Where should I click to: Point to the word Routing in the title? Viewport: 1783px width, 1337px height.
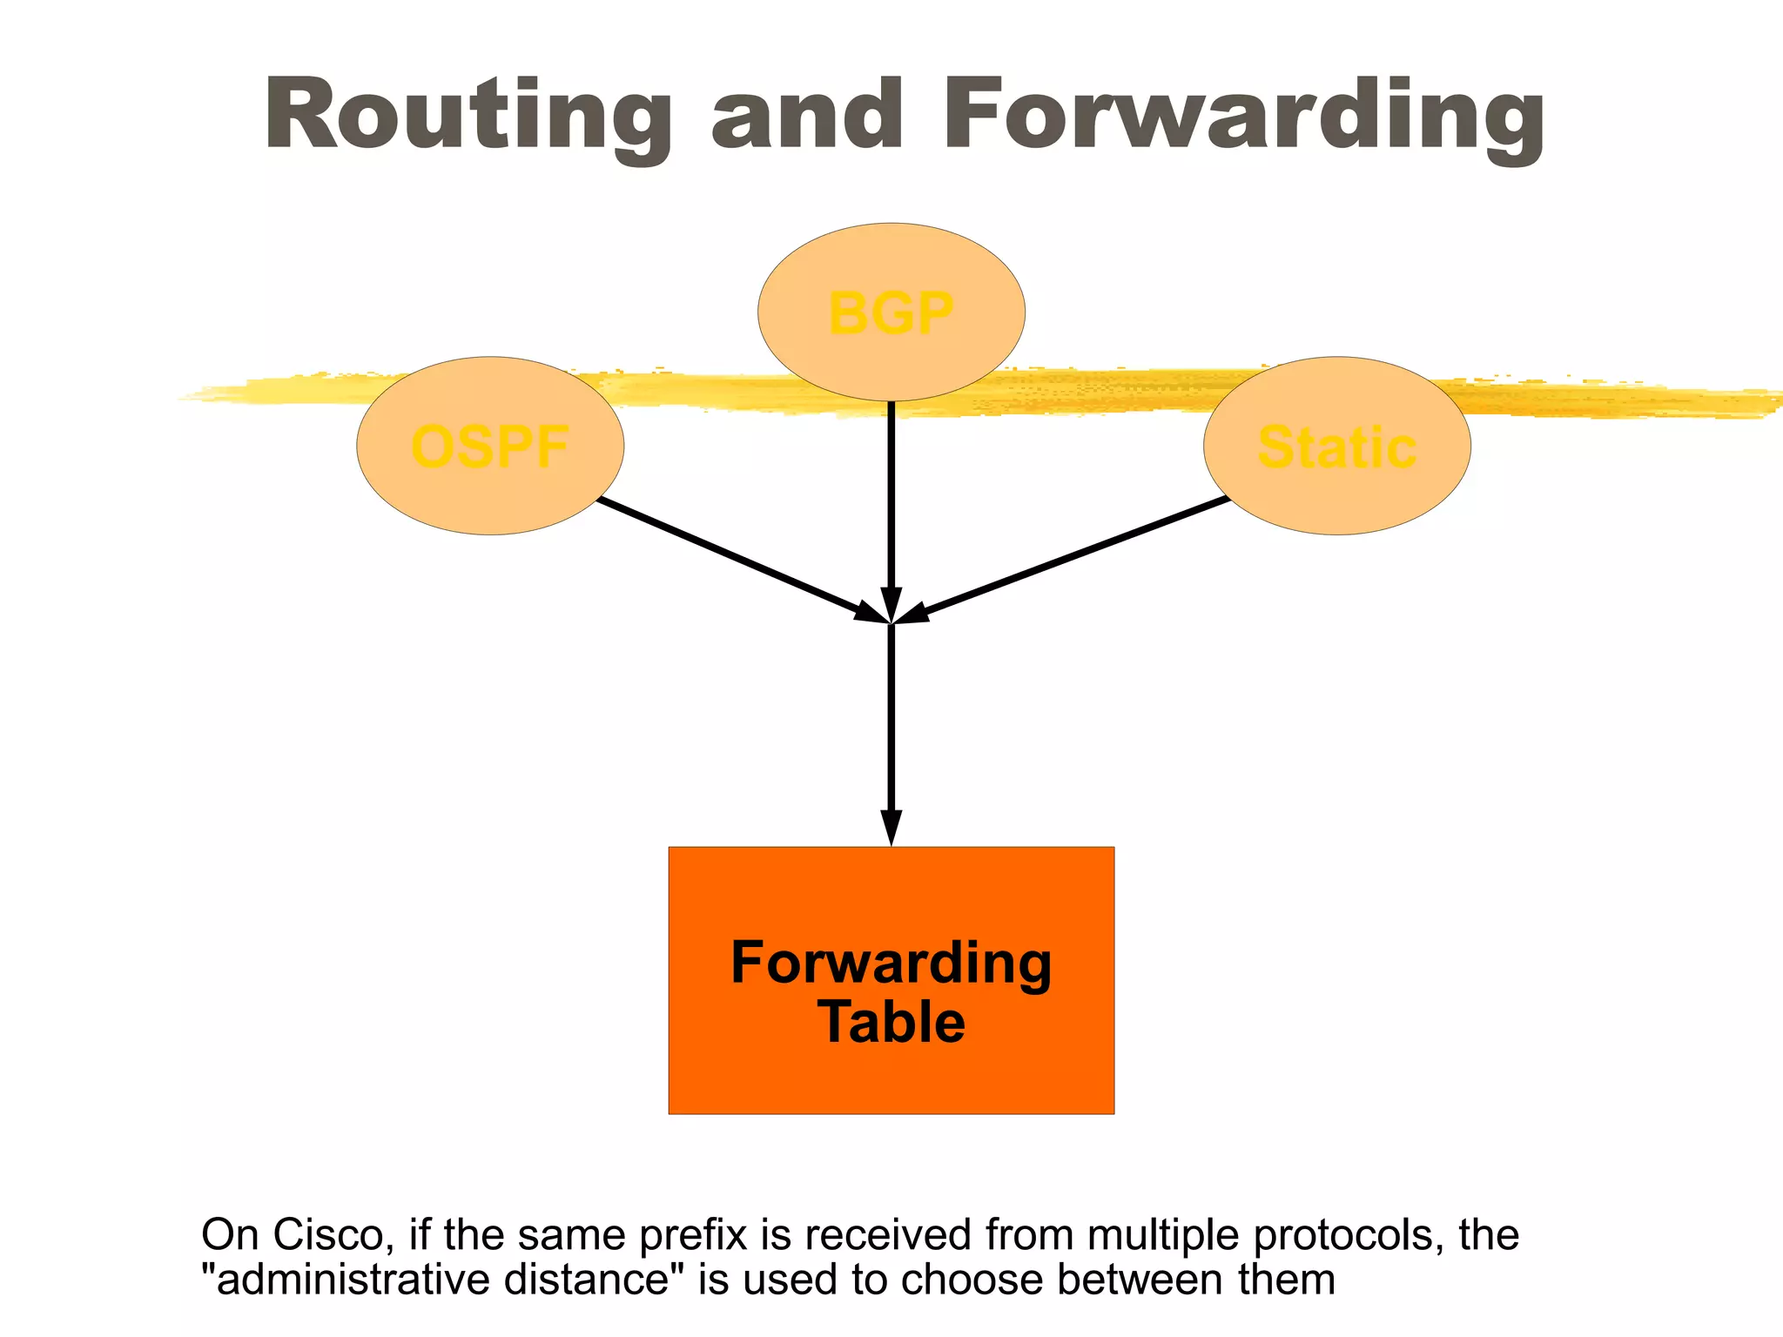(x=468, y=116)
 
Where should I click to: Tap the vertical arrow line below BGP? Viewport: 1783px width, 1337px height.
(x=891, y=496)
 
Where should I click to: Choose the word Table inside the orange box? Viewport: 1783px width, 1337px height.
(x=891, y=1022)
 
